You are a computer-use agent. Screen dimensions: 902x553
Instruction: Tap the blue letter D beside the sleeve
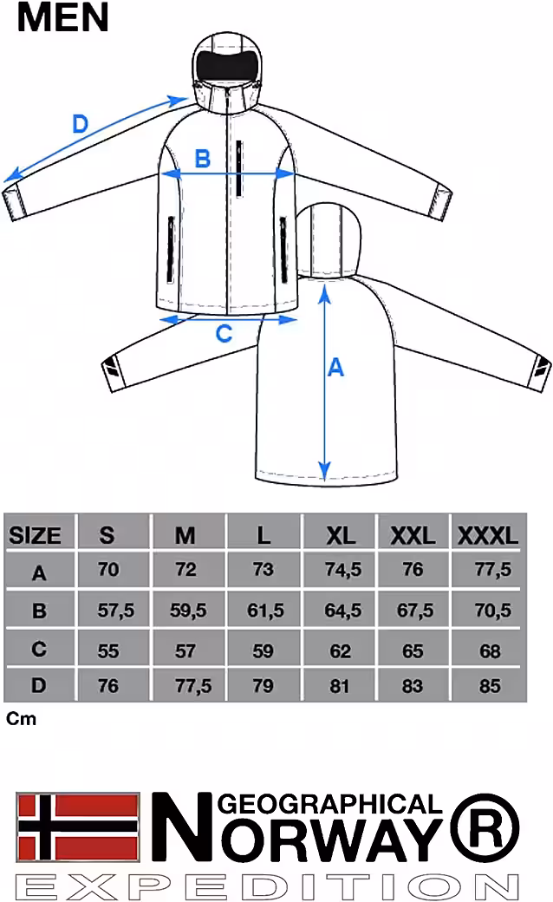(x=80, y=124)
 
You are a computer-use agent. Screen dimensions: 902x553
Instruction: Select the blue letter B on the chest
(x=201, y=159)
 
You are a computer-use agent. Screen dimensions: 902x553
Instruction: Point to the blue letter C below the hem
(x=224, y=333)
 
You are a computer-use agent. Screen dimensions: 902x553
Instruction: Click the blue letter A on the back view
(x=335, y=367)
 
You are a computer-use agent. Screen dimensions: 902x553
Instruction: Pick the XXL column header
(x=413, y=535)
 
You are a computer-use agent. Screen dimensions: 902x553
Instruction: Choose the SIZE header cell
(x=36, y=535)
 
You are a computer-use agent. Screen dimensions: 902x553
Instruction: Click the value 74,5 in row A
(x=342, y=570)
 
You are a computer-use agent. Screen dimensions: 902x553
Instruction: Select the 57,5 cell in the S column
(x=115, y=611)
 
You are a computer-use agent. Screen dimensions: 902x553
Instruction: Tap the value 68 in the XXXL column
(x=490, y=649)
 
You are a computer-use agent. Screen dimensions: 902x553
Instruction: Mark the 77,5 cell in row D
(x=190, y=686)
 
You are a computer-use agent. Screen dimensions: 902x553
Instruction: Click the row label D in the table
(x=38, y=686)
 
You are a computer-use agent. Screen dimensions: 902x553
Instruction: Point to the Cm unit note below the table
(x=21, y=719)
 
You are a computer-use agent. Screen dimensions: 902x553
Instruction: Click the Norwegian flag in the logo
(x=78, y=825)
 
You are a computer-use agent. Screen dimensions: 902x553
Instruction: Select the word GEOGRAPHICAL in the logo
(x=333, y=804)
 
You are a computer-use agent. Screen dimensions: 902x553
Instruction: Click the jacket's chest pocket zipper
(x=238, y=167)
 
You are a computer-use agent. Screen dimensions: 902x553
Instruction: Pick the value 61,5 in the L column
(x=265, y=611)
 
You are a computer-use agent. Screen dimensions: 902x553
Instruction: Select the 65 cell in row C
(x=413, y=649)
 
